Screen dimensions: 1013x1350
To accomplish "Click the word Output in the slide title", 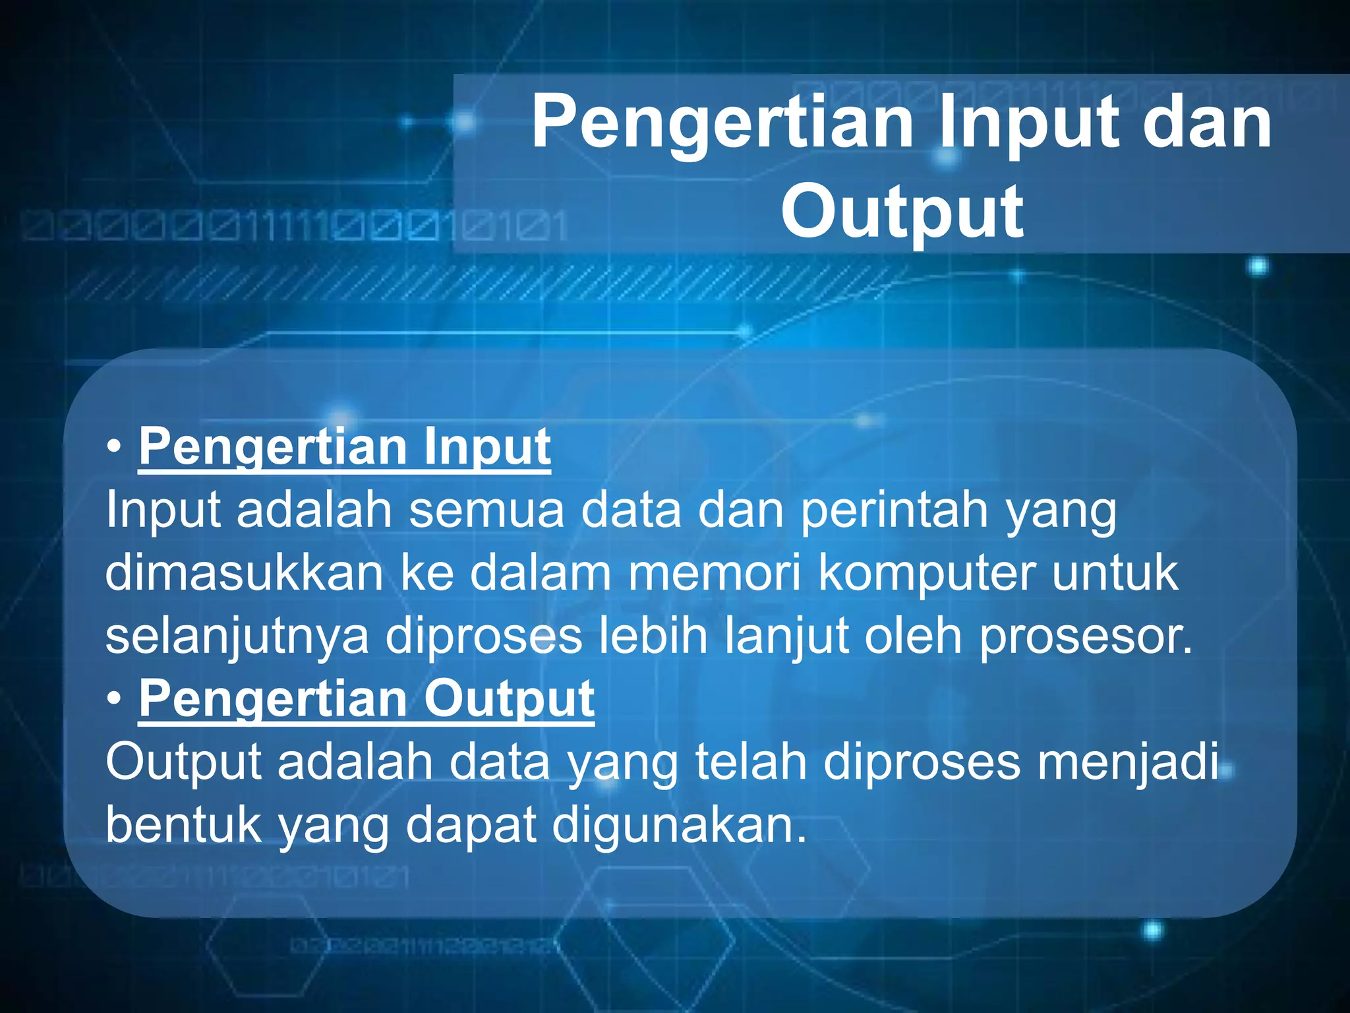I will pos(902,212).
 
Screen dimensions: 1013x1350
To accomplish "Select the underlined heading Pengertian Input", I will pos(344,447).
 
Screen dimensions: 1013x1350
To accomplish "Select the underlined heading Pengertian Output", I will pos(367,699).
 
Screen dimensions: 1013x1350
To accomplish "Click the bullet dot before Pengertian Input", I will pos(115,447).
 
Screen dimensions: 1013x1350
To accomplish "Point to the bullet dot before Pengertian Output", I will pos(115,699).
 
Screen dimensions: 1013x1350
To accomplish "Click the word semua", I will pos(486,510).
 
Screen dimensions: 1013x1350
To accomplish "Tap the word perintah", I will pos(894,510).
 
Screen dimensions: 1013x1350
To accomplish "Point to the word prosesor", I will pos(1085,637).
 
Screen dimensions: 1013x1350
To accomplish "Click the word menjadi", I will pos(1127,762).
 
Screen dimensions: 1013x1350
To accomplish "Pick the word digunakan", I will pos(679,826).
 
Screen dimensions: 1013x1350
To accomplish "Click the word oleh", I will pos(914,636).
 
